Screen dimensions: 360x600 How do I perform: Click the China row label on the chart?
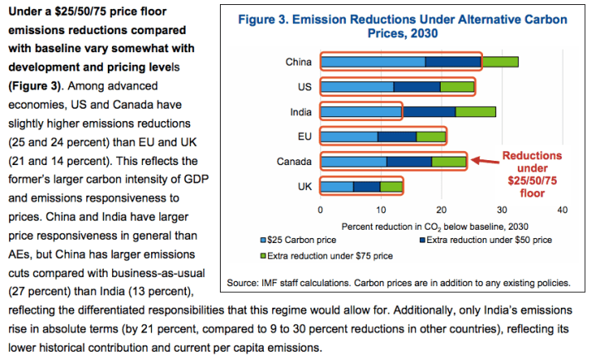pos(298,61)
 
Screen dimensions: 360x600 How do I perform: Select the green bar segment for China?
pos(500,61)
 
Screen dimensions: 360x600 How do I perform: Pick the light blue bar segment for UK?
pos(337,186)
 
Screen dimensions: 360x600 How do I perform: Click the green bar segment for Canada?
pos(449,161)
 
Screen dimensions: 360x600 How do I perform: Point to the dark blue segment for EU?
pos(397,136)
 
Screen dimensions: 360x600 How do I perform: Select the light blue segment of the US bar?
pos(357,86)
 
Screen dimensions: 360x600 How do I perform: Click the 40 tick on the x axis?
pos(563,209)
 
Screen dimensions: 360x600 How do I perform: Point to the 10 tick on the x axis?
pos(381,209)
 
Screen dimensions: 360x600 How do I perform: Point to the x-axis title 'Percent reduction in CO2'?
pos(434,225)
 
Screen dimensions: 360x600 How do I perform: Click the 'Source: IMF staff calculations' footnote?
pos(399,282)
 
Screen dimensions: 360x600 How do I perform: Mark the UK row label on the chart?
pos(305,186)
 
